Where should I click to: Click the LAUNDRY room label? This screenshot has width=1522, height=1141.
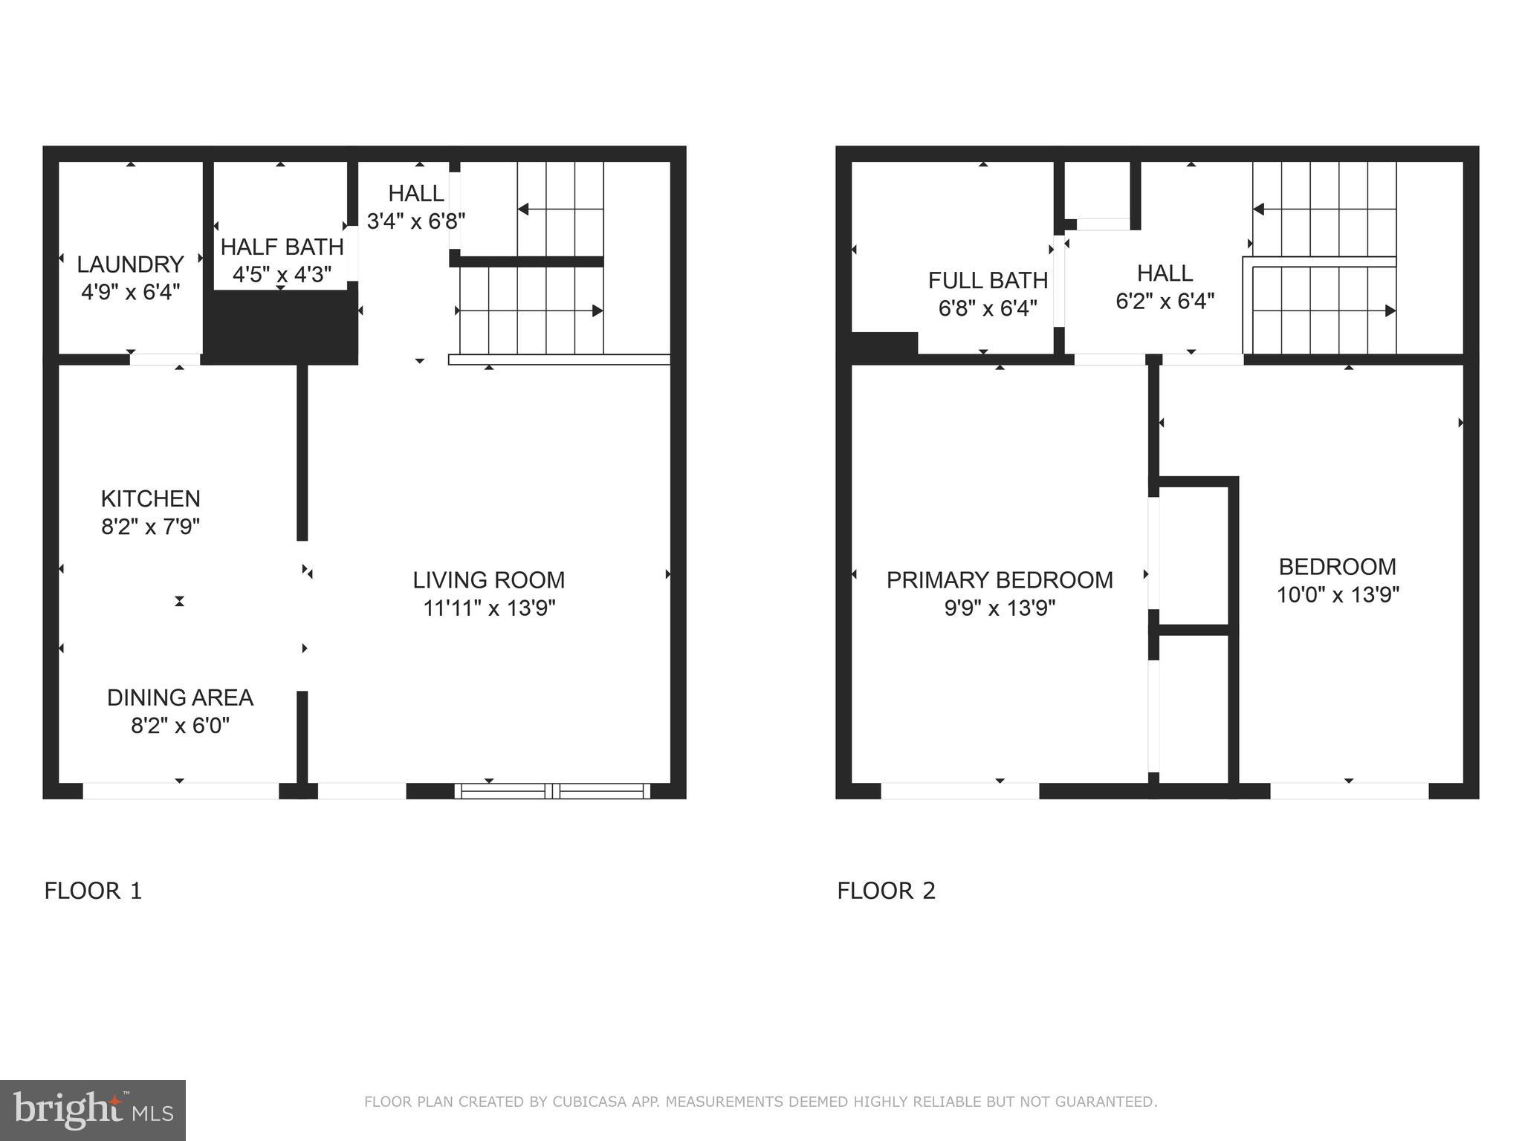[130, 264]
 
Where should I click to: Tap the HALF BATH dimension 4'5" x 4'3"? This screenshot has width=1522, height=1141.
[282, 275]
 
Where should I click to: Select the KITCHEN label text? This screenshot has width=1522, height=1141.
[151, 498]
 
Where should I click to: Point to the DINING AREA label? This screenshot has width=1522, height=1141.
[180, 698]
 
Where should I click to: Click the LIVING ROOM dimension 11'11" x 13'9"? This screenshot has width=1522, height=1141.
[489, 608]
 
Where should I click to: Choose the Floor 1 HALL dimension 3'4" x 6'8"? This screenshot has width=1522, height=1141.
[416, 221]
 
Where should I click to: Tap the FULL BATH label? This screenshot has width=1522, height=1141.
[988, 280]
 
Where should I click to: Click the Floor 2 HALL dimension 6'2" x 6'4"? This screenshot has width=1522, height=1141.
[1165, 302]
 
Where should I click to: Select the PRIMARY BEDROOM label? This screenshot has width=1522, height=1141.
[1000, 580]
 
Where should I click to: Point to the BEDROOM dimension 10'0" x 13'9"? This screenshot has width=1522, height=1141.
[1338, 595]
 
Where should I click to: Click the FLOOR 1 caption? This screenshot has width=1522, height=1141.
[93, 891]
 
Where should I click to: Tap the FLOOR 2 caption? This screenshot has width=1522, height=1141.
[886, 891]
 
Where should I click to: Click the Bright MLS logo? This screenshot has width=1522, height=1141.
[93, 1110]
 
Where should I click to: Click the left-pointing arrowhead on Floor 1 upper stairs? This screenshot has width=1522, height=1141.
[523, 209]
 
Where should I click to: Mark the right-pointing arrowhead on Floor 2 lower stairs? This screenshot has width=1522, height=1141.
[1390, 311]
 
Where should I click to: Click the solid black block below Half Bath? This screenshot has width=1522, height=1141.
[281, 327]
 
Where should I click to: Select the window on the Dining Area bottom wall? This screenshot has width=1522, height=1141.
[180, 791]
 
